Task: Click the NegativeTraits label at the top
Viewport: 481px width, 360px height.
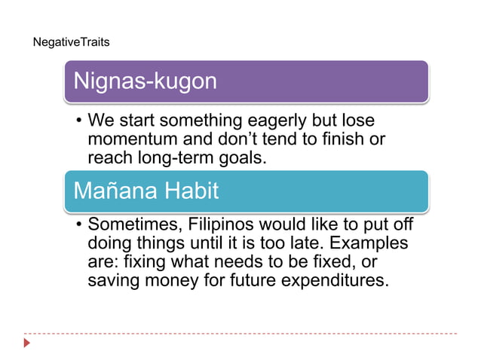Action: click(72, 42)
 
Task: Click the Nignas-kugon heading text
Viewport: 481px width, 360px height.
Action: click(144, 81)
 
